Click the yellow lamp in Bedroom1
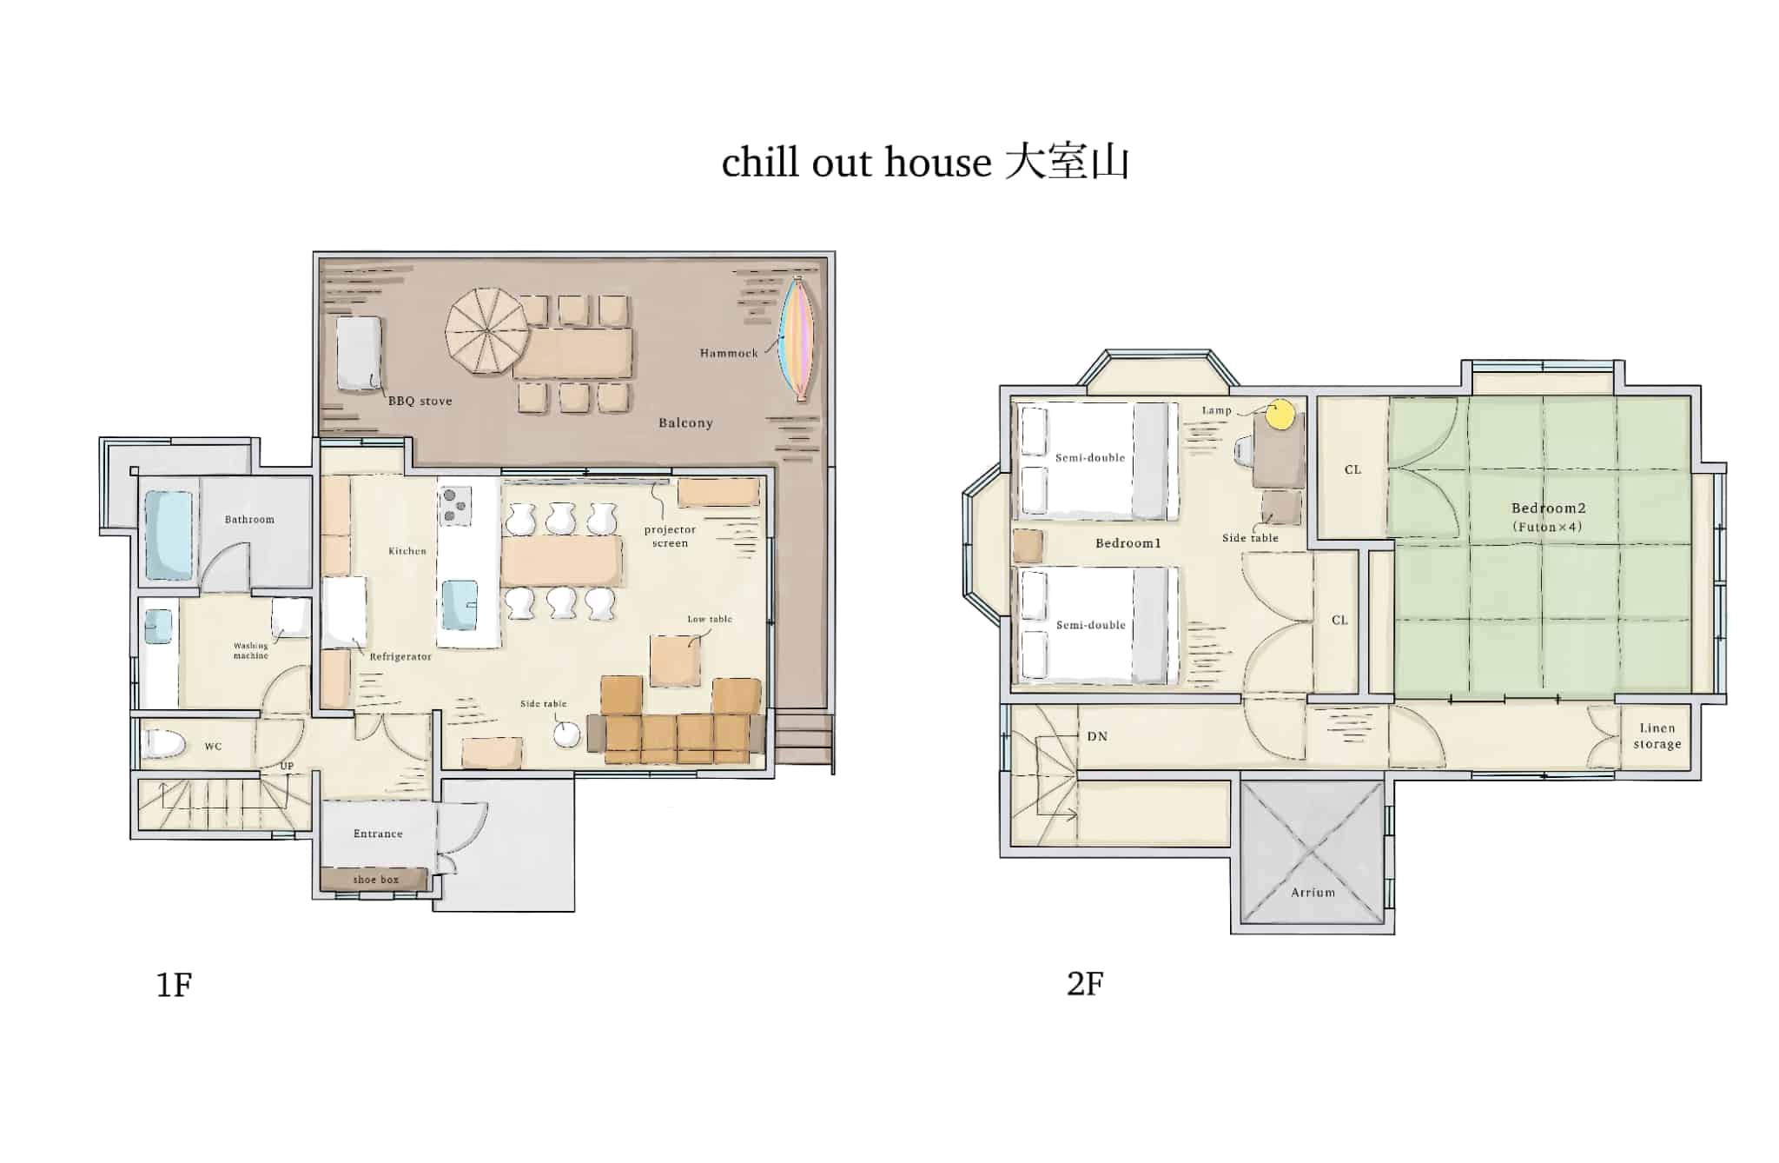[x=1279, y=415]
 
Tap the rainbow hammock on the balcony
[x=797, y=339]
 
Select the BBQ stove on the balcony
[x=359, y=354]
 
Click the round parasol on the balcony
[x=486, y=331]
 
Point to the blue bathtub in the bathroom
[x=169, y=535]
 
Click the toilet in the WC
[x=165, y=743]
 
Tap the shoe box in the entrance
[x=374, y=879]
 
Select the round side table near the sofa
[x=566, y=735]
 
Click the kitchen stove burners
[x=454, y=506]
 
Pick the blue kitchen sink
[x=460, y=605]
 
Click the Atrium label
[x=1313, y=893]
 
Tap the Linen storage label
[x=1657, y=736]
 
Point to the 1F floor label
[x=174, y=985]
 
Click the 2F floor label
[x=1085, y=984]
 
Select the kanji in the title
[x=1067, y=163]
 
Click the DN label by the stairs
[x=1097, y=736]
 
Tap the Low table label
[x=710, y=619]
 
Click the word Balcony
[x=685, y=422]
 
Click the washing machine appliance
[x=290, y=617]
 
